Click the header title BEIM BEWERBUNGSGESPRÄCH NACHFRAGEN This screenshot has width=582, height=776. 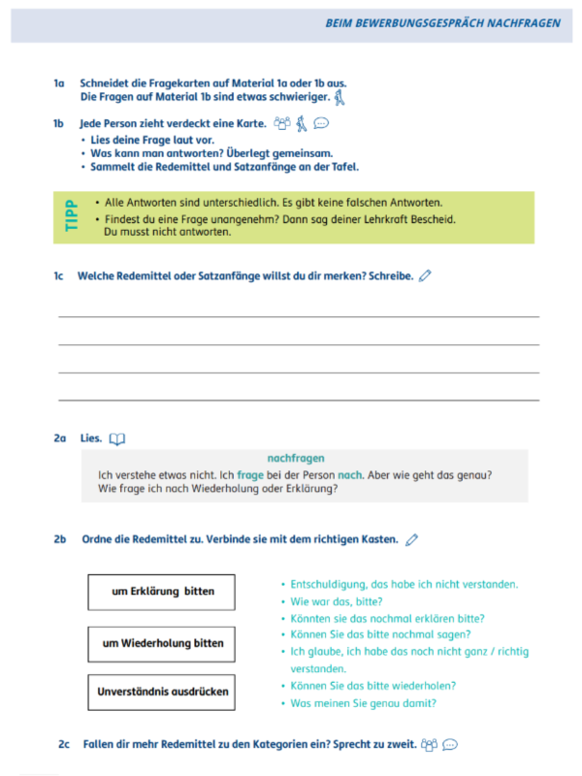click(x=442, y=22)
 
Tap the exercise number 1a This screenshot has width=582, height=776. click(x=59, y=83)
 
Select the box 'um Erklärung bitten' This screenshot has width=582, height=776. click(x=161, y=591)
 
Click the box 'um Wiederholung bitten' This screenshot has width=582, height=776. click(x=161, y=643)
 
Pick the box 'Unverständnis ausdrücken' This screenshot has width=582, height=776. click(x=161, y=692)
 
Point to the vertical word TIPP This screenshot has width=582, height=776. click(x=70, y=217)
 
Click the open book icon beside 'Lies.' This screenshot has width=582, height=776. click(x=117, y=439)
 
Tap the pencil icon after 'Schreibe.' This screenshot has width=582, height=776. click(x=425, y=275)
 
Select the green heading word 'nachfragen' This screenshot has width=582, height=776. click(x=296, y=458)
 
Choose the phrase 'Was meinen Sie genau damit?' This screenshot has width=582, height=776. click(x=363, y=703)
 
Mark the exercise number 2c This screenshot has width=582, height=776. click(x=64, y=744)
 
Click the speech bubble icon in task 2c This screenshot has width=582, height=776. click(x=449, y=745)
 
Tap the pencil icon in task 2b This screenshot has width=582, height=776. click(x=412, y=539)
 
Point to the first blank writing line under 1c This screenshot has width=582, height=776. click(x=299, y=316)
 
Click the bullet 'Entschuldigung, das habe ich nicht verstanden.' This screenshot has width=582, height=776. click(x=404, y=584)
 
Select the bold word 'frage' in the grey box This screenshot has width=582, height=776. click(x=249, y=474)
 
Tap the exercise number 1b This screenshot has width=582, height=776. click(x=59, y=124)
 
